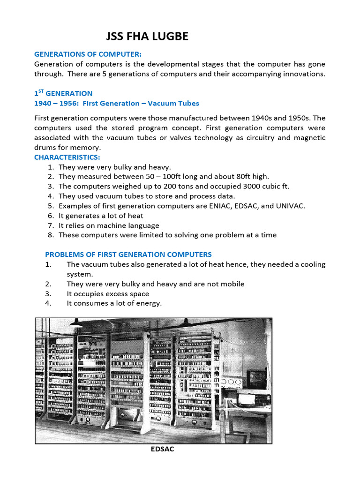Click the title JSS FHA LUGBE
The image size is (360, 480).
coord(147,36)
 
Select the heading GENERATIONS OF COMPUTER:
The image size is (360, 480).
coord(88,54)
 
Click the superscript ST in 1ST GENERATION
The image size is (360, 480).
coord(40,91)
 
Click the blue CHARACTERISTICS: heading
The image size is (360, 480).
coord(67,157)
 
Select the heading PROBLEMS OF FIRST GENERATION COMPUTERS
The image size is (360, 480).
coord(128,255)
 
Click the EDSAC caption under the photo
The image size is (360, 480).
coord(162,449)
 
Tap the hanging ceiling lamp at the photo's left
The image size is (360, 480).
coord(75,323)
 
